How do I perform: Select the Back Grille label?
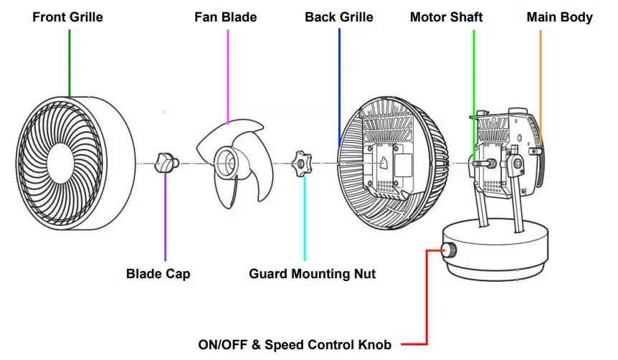point(339,16)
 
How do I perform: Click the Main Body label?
point(559,16)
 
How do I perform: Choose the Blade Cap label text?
point(158,273)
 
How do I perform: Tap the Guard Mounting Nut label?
point(312,273)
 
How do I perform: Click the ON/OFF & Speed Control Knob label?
point(295,345)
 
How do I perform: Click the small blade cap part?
point(168,164)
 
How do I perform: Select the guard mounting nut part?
point(300,164)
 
